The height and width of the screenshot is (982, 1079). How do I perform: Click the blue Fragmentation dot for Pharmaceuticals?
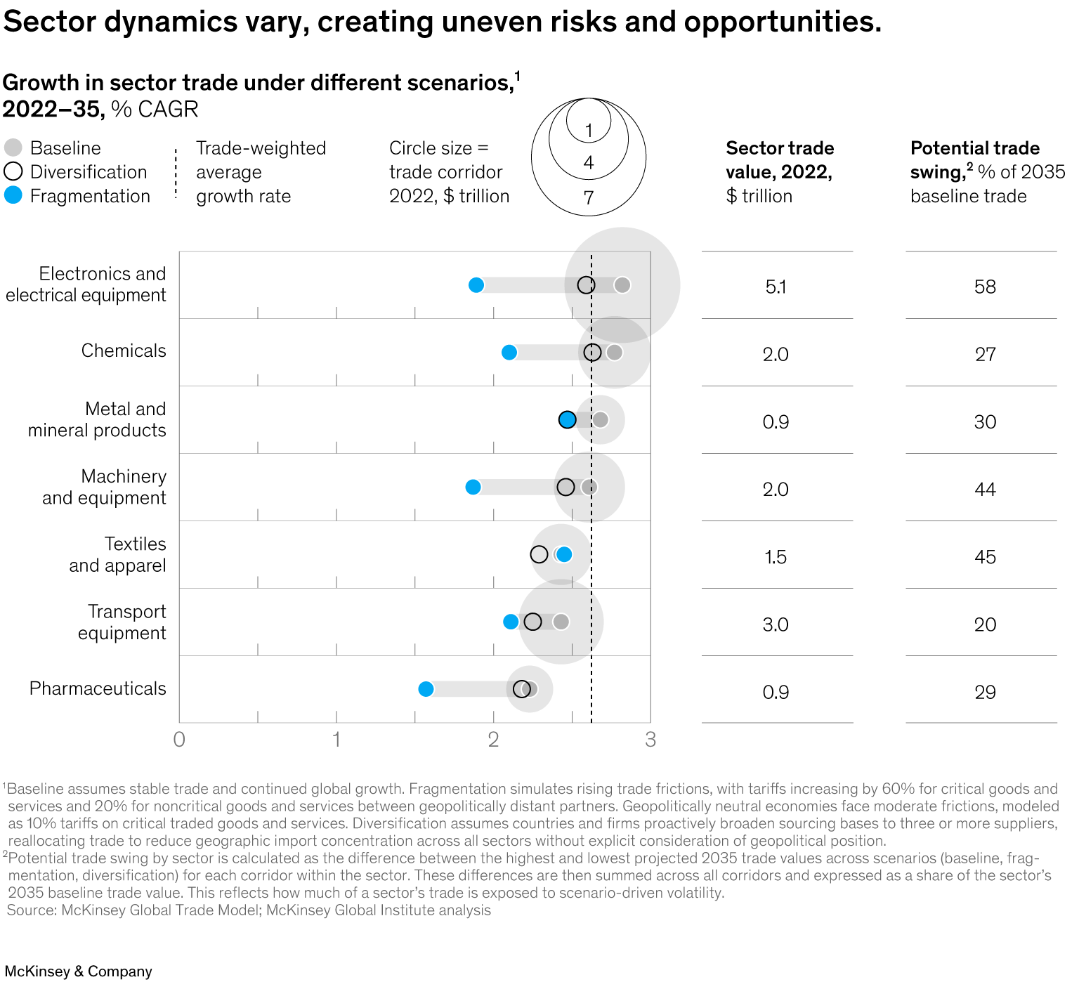pos(426,689)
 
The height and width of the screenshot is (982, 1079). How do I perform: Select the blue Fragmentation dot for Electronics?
pos(476,285)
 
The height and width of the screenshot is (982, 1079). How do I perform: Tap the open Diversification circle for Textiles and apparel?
pos(539,555)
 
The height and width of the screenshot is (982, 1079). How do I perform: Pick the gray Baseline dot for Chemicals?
pos(614,353)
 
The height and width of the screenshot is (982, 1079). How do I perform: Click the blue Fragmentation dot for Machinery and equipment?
pos(473,487)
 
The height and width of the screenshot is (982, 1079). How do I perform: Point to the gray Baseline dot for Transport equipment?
pos(561,622)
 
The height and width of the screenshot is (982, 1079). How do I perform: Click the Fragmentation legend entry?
pos(77,196)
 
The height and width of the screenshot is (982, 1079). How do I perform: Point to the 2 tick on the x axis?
pos(493,740)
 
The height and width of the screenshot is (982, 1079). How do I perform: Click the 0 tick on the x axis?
pos(179,740)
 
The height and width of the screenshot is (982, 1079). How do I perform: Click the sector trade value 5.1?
pos(776,287)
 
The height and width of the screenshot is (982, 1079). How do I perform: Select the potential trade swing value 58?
pos(985,287)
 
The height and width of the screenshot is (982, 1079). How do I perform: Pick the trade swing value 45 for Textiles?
pos(985,557)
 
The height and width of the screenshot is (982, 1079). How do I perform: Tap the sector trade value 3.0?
pos(776,624)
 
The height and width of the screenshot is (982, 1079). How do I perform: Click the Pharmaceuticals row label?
pos(98,688)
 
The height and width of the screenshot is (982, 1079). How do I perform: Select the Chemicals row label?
pos(124,351)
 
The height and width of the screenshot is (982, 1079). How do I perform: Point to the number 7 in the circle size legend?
pos(589,198)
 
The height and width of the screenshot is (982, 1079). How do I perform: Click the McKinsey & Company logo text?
pos(78,971)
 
